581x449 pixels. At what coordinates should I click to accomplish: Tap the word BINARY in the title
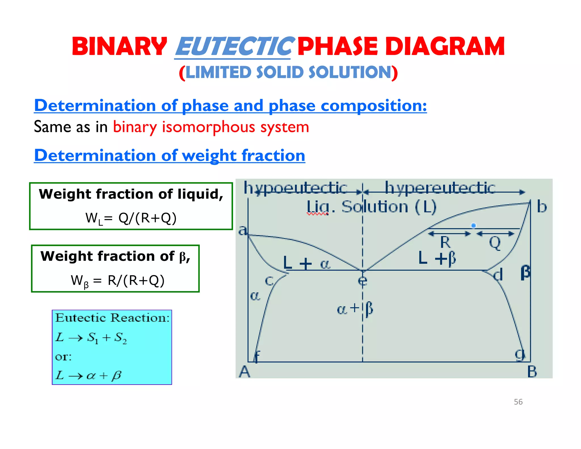[x=119, y=47]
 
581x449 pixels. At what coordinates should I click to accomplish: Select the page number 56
[x=518, y=402]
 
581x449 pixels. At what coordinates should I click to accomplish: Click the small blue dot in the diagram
[x=473, y=226]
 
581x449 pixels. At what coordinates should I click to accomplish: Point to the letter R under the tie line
[x=445, y=243]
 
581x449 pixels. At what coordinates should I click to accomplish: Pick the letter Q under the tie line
[x=495, y=243]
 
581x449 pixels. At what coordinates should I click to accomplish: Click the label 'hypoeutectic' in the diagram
[x=296, y=188]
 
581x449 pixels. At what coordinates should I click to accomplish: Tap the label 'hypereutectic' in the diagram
[x=440, y=188]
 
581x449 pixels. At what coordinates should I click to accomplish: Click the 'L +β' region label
[x=437, y=258]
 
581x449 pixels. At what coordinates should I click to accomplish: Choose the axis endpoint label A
[x=245, y=372]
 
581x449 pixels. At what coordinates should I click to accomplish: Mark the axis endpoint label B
[x=532, y=372]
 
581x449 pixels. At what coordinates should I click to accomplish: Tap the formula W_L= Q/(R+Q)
[x=131, y=218]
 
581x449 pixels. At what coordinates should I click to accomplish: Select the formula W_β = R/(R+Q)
[x=118, y=281]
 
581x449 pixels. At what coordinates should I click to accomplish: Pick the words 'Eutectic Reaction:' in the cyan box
[x=112, y=318]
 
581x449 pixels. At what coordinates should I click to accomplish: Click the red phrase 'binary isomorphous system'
[x=211, y=127]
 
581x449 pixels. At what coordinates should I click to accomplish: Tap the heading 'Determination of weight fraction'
[x=170, y=156]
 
